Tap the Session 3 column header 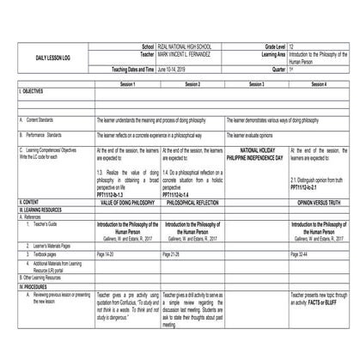click(x=256, y=85)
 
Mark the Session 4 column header click(x=320, y=85)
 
